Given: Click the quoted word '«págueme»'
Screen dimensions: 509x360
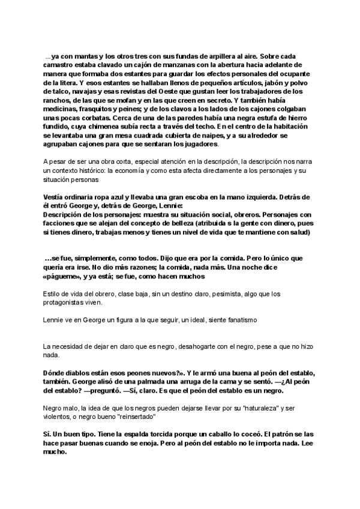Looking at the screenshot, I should pos(62,276).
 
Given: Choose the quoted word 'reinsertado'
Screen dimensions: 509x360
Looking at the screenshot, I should pos(136,416).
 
